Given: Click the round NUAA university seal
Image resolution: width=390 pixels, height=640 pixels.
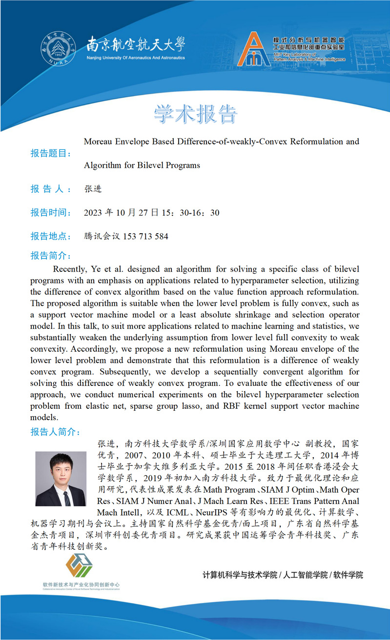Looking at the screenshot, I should pyautogui.click(x=58, y=50).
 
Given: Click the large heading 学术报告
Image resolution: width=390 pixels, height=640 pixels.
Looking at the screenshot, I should pyautogui.click(x=195, y=114).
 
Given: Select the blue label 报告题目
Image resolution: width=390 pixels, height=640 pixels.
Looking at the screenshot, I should pyautogui.click(x=51, y=154).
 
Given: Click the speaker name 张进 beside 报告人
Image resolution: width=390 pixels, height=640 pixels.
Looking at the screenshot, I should pyautogui.click(x=93, y=189).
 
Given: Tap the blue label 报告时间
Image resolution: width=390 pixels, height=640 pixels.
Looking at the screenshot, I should pyautogui.click(x=51, y=213).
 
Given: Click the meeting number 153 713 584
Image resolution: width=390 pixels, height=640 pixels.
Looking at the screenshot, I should pyautogui.click(x=145, y=237).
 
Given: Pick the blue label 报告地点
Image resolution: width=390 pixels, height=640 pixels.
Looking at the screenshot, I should pyautogui.click(x=51, y=237).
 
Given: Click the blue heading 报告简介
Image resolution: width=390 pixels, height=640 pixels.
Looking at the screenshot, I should pyautogui.click(x=51, y=256).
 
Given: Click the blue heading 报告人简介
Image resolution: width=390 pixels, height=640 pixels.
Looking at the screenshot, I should pyautogui.click(x=55, y=432).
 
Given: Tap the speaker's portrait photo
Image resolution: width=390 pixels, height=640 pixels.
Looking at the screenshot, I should pyautogui.click(x=61, y=479).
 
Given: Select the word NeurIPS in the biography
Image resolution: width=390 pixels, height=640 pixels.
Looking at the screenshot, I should pyautogui.click(x=213, y=512).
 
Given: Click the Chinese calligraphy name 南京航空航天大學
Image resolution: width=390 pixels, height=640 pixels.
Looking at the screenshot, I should pyautogui.click(x=136, y=45).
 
